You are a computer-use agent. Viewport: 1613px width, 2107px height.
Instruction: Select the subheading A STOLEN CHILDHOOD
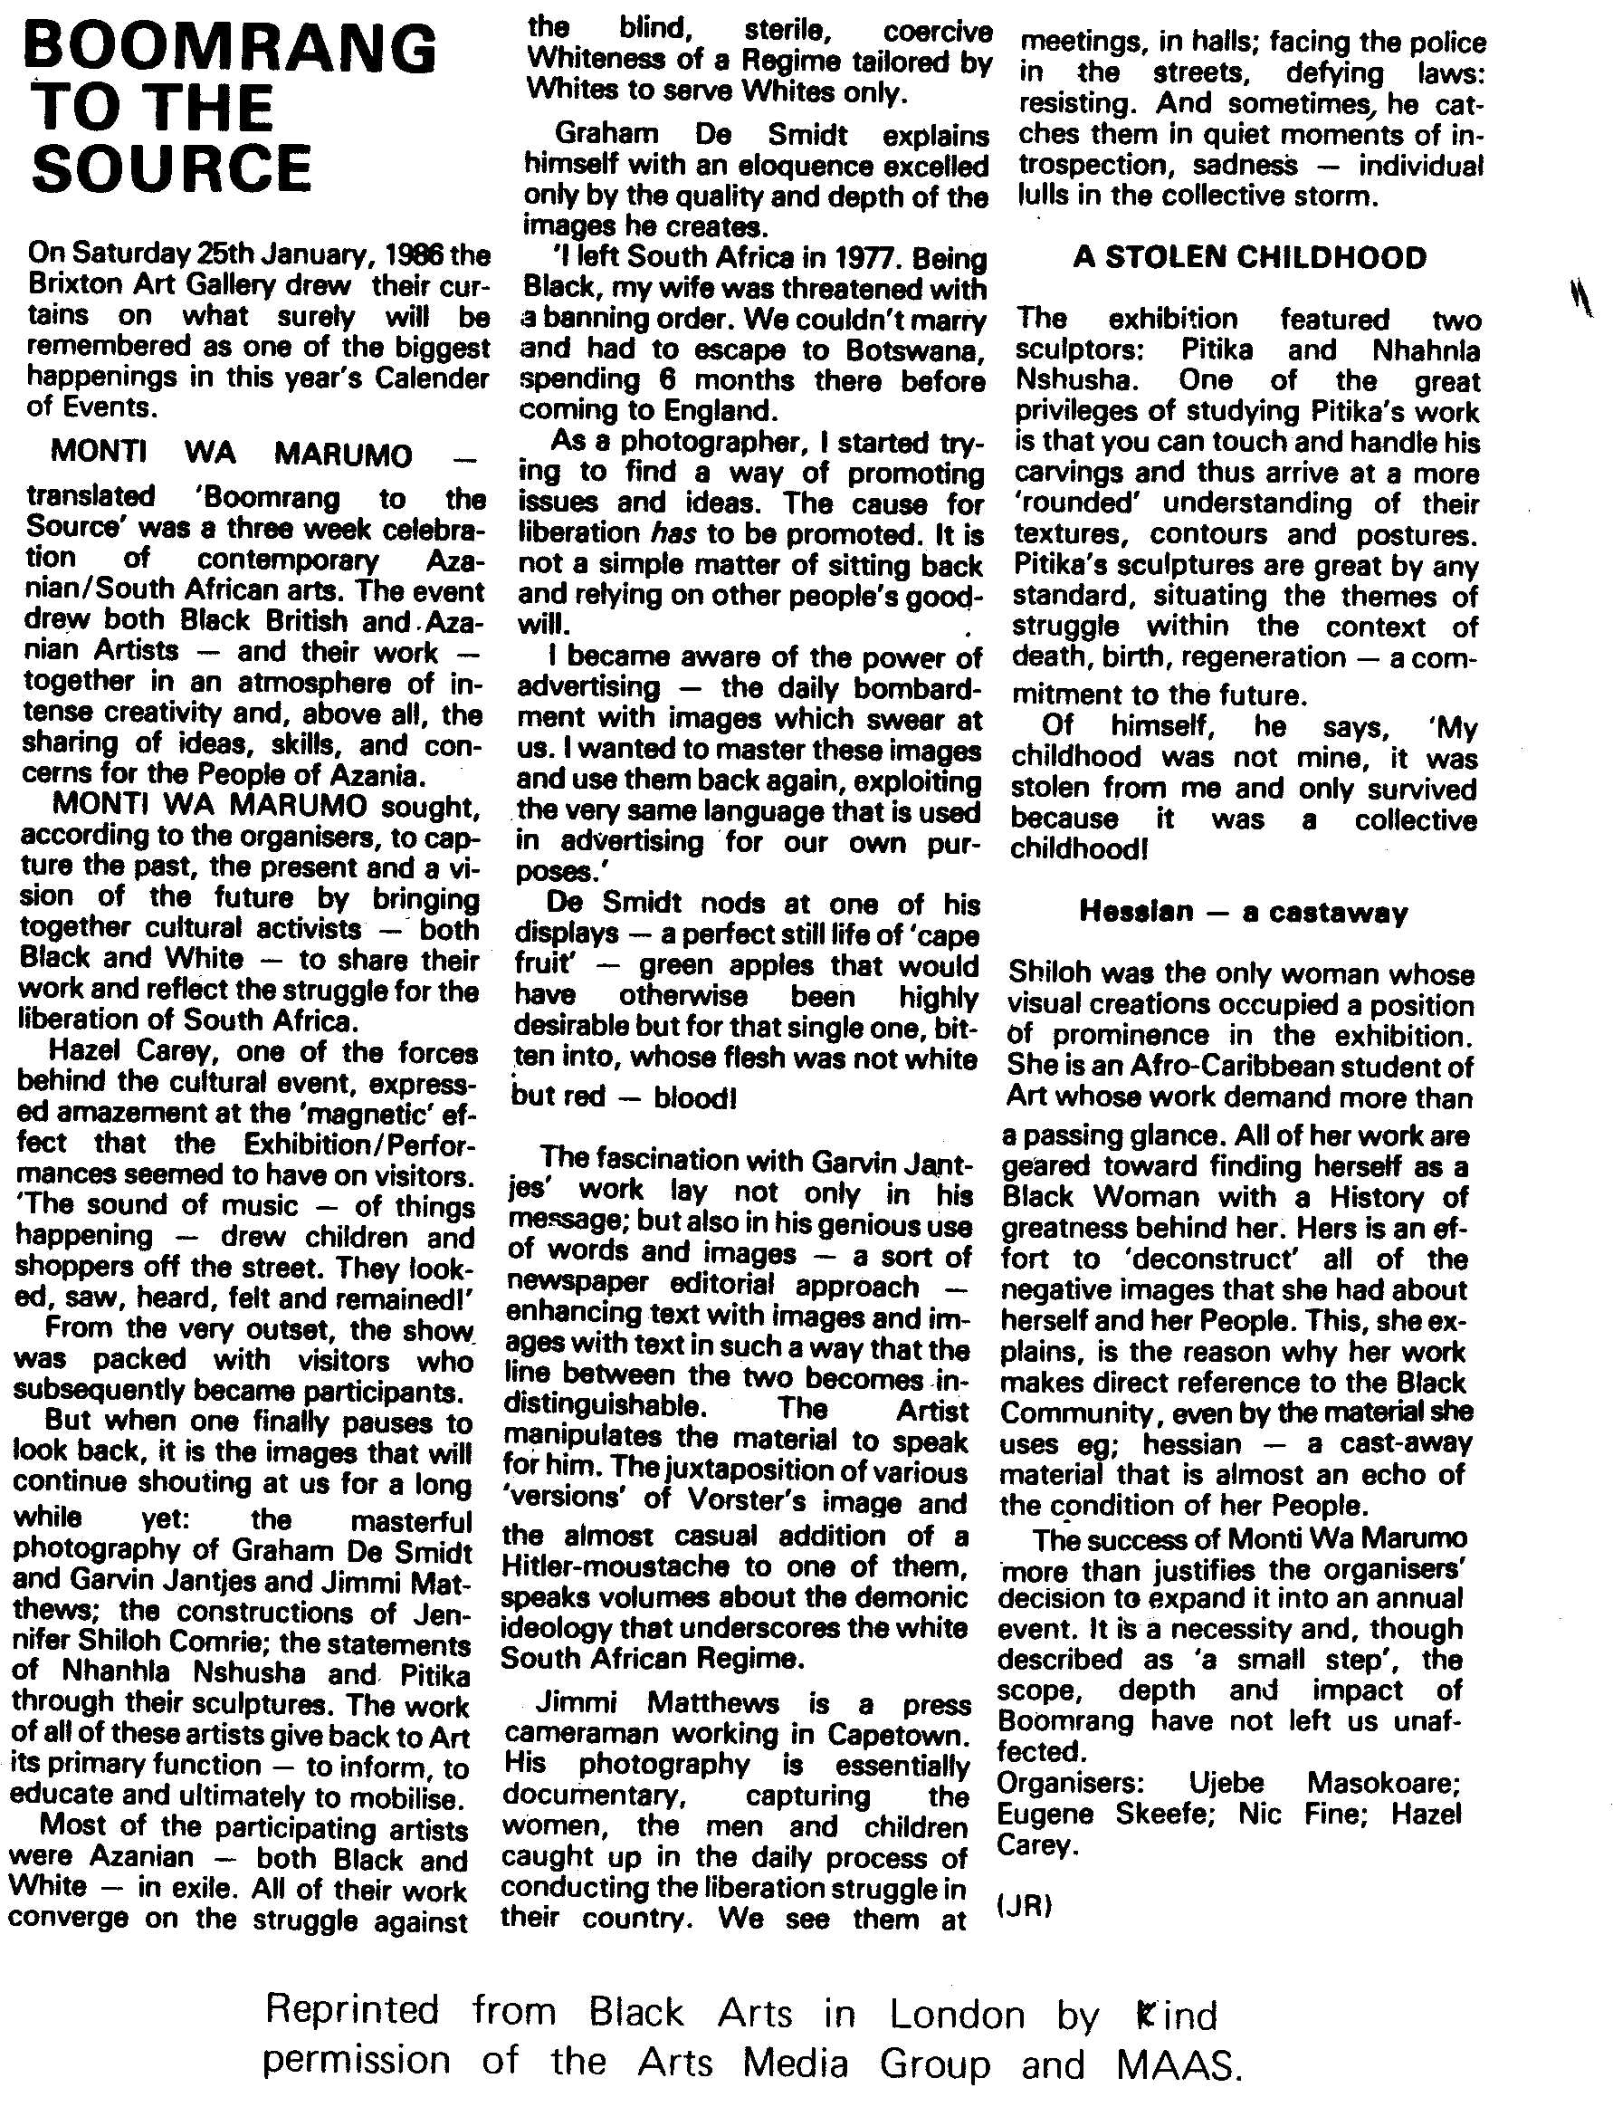pos(1249,257)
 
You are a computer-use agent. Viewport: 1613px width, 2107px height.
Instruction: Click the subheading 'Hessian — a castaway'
pos(1244,912)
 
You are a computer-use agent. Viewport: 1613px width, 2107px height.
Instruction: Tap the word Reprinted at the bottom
pos(351,2010)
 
